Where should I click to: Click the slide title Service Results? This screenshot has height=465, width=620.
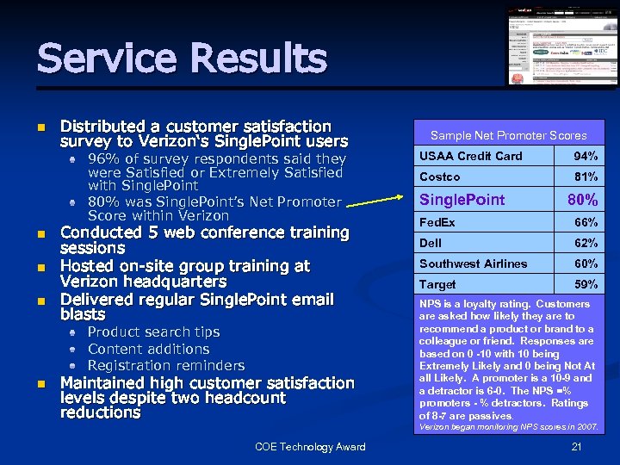182,59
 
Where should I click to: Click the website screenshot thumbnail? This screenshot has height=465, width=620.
561,46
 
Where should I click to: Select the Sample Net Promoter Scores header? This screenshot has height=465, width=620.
508,135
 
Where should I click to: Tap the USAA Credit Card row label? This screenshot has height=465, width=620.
471,156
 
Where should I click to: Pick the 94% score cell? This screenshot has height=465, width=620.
586,156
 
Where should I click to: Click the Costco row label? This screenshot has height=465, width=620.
440,177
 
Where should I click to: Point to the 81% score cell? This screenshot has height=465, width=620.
586,177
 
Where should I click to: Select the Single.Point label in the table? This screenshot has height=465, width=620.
462,200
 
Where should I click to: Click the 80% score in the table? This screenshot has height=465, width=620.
583,200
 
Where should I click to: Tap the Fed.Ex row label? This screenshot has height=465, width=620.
437,222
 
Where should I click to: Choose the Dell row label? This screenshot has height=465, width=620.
431,243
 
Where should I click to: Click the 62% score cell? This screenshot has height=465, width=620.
586,243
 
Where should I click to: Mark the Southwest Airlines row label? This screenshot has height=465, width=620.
473,263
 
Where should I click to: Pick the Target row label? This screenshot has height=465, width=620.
437,284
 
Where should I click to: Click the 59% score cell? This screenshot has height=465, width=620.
586,284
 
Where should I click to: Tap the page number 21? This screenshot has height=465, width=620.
577,446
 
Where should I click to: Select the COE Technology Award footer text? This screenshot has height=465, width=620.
310,446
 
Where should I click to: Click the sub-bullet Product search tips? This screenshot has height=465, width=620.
153,332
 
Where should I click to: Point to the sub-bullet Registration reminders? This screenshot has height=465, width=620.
166,365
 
